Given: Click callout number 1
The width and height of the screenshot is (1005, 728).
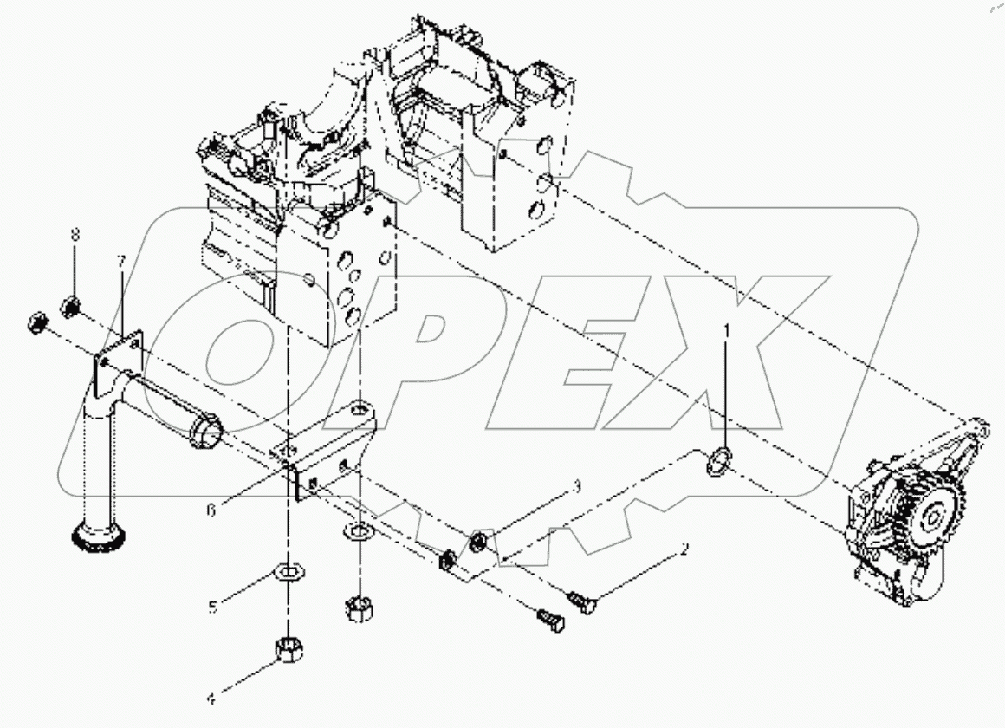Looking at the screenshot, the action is pos(728,330).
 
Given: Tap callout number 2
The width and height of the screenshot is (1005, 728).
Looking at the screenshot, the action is pos(684,549).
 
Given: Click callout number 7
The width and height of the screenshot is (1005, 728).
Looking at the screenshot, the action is pos(120,260).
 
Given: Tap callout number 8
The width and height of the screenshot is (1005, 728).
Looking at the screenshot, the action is pos(74,234).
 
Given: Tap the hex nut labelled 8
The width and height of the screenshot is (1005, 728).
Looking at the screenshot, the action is pos(72,306).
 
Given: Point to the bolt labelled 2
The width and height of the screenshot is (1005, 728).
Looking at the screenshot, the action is pos(581,600).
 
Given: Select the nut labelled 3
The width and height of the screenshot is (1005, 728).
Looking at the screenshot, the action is pos(477,545).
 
